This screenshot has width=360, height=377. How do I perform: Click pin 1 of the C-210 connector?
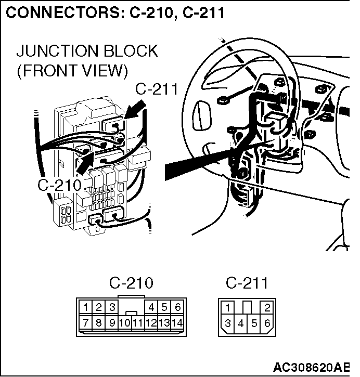[86, 307]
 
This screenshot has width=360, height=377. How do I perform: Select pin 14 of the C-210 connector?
[177, 322]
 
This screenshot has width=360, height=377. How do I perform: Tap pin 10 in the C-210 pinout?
[124, 322]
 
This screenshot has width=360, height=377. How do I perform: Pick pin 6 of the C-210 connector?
[177, 307]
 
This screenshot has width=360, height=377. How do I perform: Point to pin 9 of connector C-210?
[111, 322]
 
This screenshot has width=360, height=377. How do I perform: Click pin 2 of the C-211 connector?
[267, 307]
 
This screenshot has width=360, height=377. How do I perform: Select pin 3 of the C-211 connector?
[227, 323]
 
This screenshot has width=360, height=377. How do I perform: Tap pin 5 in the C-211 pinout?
[254, 323]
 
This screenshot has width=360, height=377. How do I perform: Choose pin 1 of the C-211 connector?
[228, 307]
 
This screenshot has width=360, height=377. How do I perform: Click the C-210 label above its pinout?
[131, 283]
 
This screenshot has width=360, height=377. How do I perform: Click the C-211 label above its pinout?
[247, 283]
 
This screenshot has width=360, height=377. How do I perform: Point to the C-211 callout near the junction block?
[157, 89]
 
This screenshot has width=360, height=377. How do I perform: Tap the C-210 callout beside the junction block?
[59, 185]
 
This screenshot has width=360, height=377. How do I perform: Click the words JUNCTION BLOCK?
[87, 51]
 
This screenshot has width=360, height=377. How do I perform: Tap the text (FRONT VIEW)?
[72, 70]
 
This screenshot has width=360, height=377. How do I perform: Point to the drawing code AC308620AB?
[311, 367]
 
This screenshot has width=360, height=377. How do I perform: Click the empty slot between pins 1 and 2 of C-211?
[247, 307]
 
